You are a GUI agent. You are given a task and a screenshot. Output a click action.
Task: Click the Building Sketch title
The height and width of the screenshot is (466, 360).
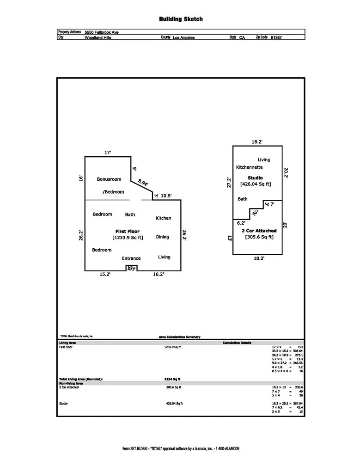pos(181,19)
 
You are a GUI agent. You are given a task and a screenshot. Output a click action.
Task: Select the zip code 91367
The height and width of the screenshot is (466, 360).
pos(276,37)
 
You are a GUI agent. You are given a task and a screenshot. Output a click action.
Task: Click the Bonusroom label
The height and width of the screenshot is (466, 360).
pos(109,179)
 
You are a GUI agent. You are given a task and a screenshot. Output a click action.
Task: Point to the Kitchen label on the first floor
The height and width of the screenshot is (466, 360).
pos(163,218)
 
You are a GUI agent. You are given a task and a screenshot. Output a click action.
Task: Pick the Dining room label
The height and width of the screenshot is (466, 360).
pos(162,237)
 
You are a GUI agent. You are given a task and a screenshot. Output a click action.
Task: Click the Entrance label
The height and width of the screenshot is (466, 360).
pos(131,258)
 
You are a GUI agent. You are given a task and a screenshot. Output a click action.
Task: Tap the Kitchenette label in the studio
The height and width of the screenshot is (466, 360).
pos(250,167)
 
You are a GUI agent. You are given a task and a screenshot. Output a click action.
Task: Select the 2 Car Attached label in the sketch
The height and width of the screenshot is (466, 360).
pos(259,231)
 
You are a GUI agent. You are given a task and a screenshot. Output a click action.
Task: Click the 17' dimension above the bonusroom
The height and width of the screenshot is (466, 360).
pos(108,152)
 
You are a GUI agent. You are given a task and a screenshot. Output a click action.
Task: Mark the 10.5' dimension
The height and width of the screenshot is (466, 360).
pos(166,196)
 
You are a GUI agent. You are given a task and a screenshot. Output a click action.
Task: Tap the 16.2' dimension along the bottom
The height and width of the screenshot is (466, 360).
pos(158,274)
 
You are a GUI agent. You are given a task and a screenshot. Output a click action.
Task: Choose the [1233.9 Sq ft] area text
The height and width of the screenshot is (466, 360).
pos(128,238)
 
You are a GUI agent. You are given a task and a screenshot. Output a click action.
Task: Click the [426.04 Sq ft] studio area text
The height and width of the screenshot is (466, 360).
pos(255,184)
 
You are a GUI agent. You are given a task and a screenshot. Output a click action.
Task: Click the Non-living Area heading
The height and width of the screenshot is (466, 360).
pos(71,383)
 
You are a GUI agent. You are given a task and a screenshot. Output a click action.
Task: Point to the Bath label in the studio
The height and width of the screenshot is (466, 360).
pos(243,199)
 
